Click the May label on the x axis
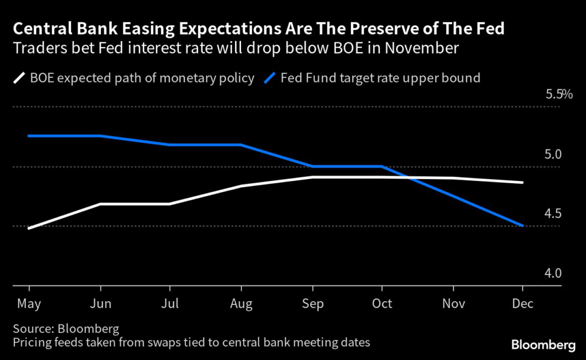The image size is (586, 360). pyautogui.click(x=29, y=303)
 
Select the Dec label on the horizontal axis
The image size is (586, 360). pyautogui.click(x=522, y=303)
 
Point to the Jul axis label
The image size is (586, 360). pyautogui.click(x=170, y=303)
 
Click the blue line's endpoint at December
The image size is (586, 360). pyautogui.click(x=522, y=226)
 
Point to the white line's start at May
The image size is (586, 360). pyautogui.click(x=29, y=228)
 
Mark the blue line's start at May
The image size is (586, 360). pyautogui.click(x=29, y=136)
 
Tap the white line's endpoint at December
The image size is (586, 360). pyautogui.click(x=522, y=183)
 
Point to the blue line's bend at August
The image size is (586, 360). pyautogui.click(x=240, y=145)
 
